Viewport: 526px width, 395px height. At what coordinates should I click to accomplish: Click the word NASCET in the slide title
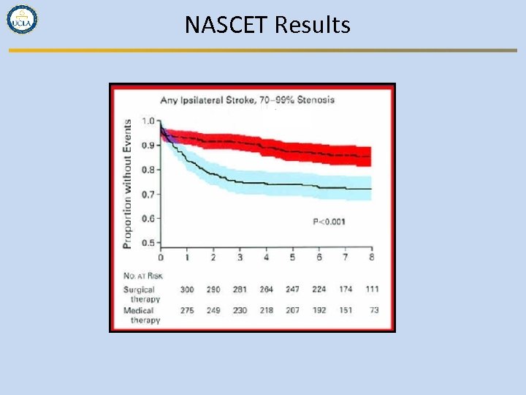[x=227, y=26]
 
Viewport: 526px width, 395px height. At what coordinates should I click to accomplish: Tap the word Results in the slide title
[x=312, y=26]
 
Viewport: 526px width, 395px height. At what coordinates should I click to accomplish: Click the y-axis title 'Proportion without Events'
[x=127, y=183]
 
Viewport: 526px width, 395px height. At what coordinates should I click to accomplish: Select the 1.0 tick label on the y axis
[x=148, y=121]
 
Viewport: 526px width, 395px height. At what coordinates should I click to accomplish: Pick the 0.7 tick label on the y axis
[x=148, y=195]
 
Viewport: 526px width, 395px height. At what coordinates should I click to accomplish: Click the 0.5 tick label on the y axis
[x=148, y=243]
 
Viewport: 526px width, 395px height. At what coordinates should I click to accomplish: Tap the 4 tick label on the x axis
[x=266, y=258]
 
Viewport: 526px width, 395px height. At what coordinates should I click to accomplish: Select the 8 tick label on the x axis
[x=372, y=258]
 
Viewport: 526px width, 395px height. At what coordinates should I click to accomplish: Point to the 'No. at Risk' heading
[x=142, y=276]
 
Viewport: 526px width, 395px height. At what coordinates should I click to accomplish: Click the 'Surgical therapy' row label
[x=140, y=294]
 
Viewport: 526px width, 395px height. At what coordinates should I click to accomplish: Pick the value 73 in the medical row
[x=373, y=311]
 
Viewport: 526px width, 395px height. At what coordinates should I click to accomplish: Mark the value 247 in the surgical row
[x=292, y=290]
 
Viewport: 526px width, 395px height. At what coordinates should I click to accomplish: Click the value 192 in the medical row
[x=319, y=311]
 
